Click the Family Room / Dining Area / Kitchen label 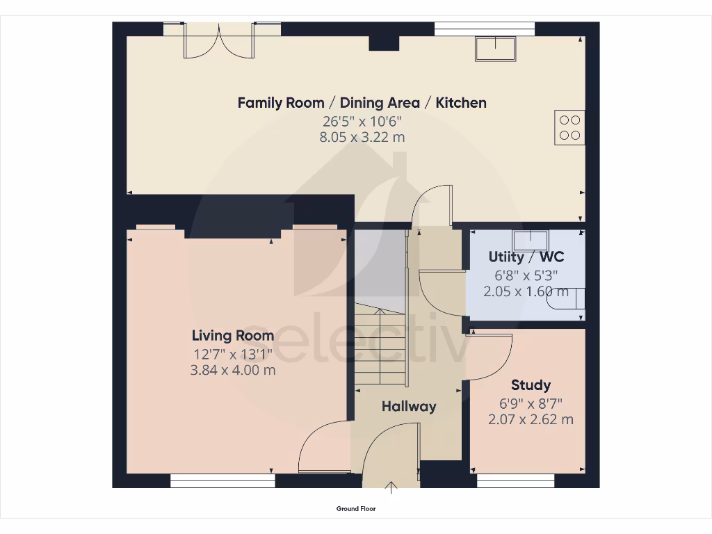(x=362, y=103)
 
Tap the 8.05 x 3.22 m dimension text (x=362, y=138)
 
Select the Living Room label (x=233, y=335)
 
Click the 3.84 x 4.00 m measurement (x=233, y=370)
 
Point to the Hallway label (x=409, y=406)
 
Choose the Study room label (x=531, y=385)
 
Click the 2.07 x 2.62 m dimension (x=531, y=419)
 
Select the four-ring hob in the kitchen (x=569, y=127)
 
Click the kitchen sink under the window (x=496, y=49)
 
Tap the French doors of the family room (x=219, y=40)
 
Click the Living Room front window (x=223, y=480)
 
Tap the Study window (x=515, y=480)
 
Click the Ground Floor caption (x=356, y=509)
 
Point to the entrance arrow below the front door (x=391, y=487)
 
